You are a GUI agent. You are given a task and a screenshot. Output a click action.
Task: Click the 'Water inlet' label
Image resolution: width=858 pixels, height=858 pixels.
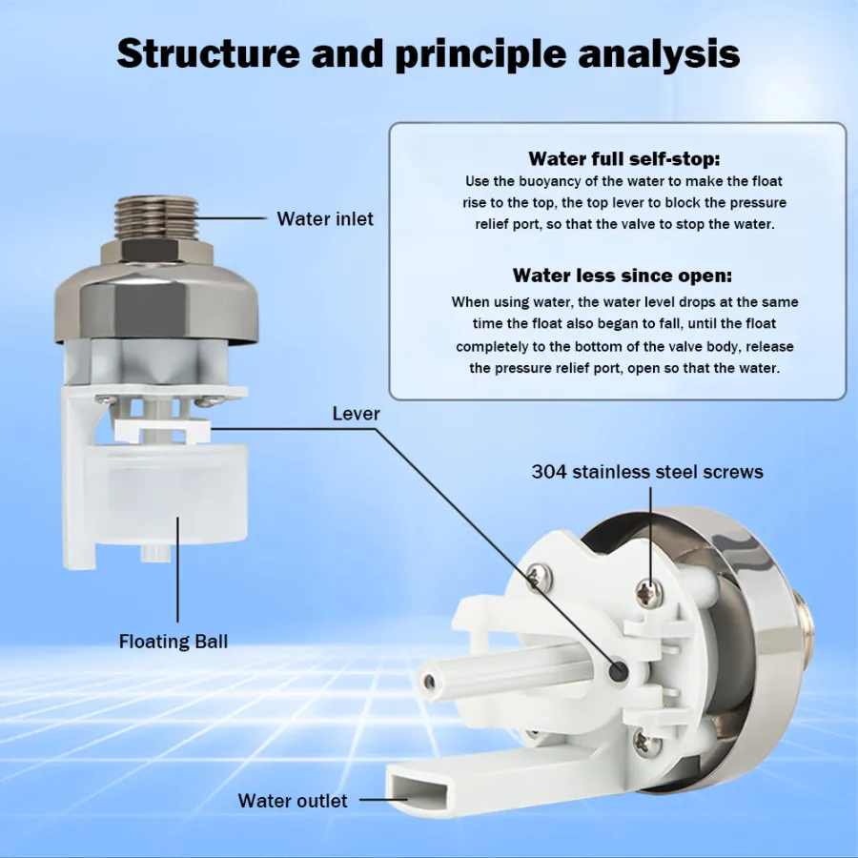tap(325, 219)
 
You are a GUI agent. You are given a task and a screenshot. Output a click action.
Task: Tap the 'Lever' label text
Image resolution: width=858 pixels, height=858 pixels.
tap(356, 414)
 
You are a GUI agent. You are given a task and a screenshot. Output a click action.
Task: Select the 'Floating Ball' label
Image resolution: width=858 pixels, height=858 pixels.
tap(174, 642)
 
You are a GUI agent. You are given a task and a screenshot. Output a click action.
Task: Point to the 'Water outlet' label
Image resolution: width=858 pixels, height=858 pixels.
tap(293, 801)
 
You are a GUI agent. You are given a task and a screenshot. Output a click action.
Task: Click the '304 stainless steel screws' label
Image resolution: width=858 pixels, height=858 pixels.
tap(647, 471)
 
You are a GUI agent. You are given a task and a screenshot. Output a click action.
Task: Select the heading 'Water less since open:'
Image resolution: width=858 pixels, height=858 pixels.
tap(623, 276)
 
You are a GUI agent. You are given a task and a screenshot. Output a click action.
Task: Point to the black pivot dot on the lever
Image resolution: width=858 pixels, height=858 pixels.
tap(620, 670)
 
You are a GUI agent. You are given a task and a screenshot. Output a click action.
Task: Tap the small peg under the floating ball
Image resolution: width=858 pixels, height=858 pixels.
tap(153, 552)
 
